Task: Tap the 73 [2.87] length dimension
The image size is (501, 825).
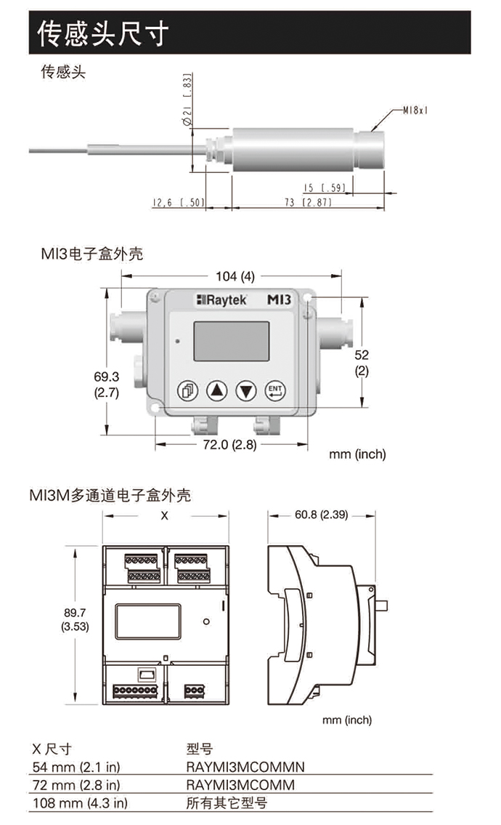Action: pos(306,203)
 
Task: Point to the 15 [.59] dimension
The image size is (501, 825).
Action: pos(325,188)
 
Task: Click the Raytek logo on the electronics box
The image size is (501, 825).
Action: pos(221,299)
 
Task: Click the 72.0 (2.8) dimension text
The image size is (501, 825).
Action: pos(229,445)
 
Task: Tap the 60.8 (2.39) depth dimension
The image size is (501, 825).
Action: pos(319,515)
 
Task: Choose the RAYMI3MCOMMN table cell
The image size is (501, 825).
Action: pos(245,766)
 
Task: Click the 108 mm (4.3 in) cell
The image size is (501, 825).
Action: pos(80,802)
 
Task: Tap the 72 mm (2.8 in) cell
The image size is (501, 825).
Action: pos(77,784)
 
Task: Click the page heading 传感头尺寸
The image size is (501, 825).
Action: pos(104,33)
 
